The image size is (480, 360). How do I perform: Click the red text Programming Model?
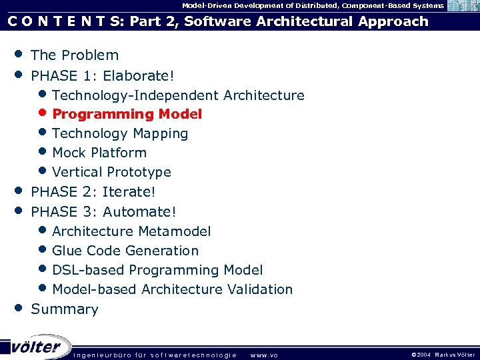(127, 114)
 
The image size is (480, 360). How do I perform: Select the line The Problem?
(75, 55)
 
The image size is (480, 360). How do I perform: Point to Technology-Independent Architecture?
(178, 95)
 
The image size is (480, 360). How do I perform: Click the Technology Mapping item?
(120, 133)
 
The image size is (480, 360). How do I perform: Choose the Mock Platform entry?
(99, 153)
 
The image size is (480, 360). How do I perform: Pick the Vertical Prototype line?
(111, 172)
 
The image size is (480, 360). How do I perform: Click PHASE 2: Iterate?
(93, 192)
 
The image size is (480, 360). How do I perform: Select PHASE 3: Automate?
(103, 212)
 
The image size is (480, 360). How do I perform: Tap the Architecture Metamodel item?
(131, 231)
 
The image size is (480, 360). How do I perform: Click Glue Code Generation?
(125, 251)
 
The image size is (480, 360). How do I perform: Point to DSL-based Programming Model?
(157, 270)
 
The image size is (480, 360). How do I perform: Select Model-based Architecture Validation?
(172, 289)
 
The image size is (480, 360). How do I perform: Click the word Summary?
(65, 309)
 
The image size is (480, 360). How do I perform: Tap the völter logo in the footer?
(35, 347)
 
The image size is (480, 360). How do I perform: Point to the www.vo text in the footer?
(263, 355)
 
